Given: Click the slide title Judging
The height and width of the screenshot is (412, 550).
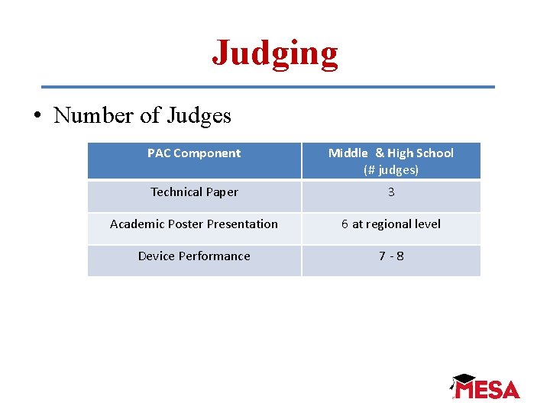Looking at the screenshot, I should coord(275,53).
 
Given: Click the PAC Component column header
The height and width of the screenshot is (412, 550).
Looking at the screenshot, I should coord(194,153).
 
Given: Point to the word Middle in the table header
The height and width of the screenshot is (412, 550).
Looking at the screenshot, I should coord(348,153).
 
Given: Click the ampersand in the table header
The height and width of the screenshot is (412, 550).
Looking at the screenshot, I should coord(380,153).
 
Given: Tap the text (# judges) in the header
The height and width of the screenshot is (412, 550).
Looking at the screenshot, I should coord(391,169).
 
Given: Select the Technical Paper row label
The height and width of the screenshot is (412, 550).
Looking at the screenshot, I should coord(194,192).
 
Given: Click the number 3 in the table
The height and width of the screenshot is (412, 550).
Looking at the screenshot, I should coord(391,192).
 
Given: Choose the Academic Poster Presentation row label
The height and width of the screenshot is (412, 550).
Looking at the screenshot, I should coord(194,224).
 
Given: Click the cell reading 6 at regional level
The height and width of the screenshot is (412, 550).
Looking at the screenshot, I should coord(391,224).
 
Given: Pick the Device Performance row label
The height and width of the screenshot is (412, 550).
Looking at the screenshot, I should coord(194,256).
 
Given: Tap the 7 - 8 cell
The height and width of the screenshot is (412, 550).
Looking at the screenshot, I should coord(391,256).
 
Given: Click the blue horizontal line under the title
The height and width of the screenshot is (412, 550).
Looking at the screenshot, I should coord(267,87).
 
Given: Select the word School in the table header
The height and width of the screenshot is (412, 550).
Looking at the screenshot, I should coord(435,153).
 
